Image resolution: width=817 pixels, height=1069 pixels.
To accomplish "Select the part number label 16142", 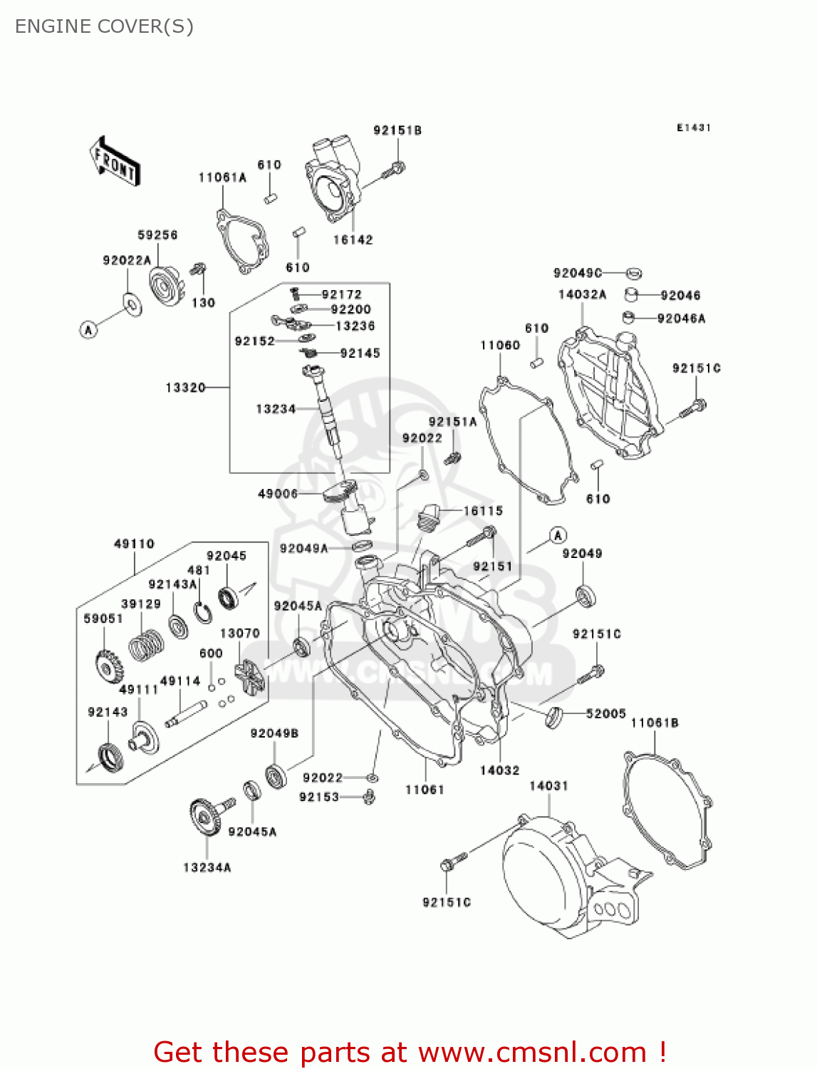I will pos(353,240).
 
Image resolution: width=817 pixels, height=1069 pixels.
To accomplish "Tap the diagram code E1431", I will pos(694,128).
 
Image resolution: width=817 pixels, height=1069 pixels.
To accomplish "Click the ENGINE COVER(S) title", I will pos(104,26).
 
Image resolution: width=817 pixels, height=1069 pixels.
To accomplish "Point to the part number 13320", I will pos(185,388).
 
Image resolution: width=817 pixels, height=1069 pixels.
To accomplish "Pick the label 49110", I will pos(134,544).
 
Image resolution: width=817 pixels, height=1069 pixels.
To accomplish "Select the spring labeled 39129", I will pos(146,644).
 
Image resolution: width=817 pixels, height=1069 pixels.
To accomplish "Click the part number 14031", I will pos(548,786).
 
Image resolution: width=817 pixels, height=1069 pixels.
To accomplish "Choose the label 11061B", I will pos(655,723).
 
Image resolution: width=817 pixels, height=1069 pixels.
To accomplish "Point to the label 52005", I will pos(605,713).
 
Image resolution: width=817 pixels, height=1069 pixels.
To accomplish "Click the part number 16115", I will pos(483,511).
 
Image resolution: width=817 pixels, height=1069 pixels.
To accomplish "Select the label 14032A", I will pos(582,294).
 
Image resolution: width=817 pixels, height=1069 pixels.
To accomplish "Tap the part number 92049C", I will pos(577,273).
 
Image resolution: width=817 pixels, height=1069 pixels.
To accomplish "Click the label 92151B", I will pos(397,130).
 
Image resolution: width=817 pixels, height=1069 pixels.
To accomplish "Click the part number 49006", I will pos(278,494).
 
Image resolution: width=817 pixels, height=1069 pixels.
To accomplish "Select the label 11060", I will pos(500,346).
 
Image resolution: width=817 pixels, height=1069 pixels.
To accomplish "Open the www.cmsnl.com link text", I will pos(532,1052).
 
